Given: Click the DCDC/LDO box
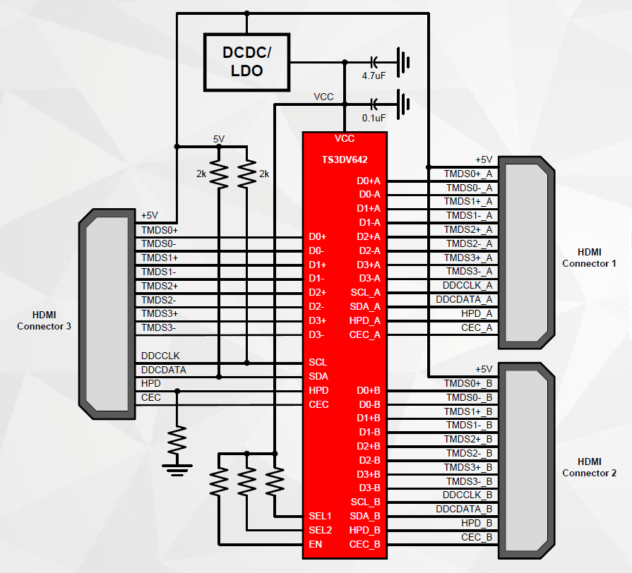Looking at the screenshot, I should pyautogui.click(x=246, y=61).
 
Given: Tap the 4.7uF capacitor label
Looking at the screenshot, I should pyautogui.click(x=374, y=76).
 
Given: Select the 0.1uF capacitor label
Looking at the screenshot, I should pyautogui.click(x=374, y=118).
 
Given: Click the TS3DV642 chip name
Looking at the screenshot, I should pyautogui.click(x=344, y=160).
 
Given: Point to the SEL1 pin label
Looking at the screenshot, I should pyautogui.click(x=320, y=516).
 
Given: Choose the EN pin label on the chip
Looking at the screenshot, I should pyautogui.click(x=316, y=544).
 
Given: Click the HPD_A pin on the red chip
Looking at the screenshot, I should pyautogui.click(x=365, y=320).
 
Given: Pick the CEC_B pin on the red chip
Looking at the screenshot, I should pyautogui.click(x=365, y=544).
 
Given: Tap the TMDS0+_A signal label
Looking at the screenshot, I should pyautogui.click(x=468, y=174).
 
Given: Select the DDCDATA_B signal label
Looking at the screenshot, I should pyautogui.click(x=464, y=509).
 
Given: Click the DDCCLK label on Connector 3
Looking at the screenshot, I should pyautogui.click(x=160, y=356).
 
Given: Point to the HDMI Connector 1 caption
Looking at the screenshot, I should pyautogui.click(x=589, y=258).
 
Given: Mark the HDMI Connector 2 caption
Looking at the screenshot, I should pyautogui.click(x=589, y=467).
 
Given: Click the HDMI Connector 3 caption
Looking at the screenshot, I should pyautogui.click(x=44, y=320).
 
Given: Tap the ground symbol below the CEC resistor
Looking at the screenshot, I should pyautogui.click(x=177, y=465).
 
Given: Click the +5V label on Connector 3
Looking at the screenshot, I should pyautogui.click(x=150, y=215).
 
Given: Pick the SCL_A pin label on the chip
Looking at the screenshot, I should pyautogui.click(x=365, y=292).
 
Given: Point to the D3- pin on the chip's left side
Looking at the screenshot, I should pyautogui.click(x=316, y=334).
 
